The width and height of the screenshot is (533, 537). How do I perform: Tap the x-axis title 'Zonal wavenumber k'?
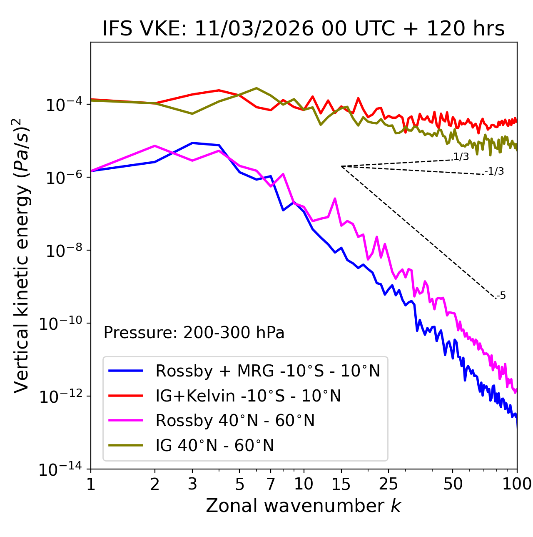(303, 506)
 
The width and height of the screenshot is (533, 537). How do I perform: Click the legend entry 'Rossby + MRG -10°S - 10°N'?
(267, 371)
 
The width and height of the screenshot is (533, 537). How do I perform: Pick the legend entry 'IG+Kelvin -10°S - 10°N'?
(248, 396)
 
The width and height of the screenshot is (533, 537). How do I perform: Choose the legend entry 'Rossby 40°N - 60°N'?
(235, 421)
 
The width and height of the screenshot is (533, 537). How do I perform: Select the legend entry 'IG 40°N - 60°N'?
(214, 446)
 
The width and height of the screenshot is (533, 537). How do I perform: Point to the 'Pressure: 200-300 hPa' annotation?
(194, 333)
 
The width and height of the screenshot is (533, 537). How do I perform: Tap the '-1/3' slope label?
(495, 171)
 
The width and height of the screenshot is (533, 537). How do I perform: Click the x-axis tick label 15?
(341, 484)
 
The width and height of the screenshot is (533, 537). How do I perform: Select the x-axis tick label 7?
(271, 484)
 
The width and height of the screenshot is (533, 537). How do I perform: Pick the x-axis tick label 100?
(517, 484)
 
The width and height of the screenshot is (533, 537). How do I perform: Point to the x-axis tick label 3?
(192, 484)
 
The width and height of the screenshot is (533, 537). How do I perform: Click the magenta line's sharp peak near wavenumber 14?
(335, 199)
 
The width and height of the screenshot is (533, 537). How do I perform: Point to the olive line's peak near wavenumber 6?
(256, 88)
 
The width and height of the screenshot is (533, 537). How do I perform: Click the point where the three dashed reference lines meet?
(341, 166)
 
